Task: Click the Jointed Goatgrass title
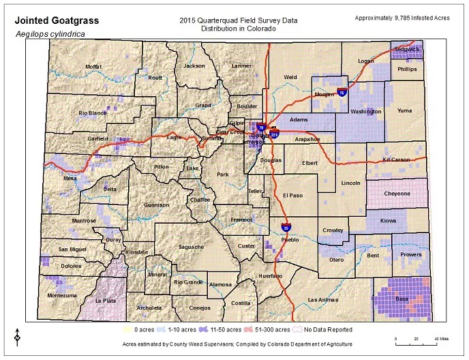click(57, 20)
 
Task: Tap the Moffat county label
click(93, 66)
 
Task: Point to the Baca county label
click(402, 298)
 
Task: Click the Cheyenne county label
click(397, 193)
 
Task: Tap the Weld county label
click(291, 77)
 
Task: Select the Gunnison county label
click(156, 205)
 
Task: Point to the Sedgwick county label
click(408, 49)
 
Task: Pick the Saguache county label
click(191, 246)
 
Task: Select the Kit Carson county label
click(396, 160)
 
